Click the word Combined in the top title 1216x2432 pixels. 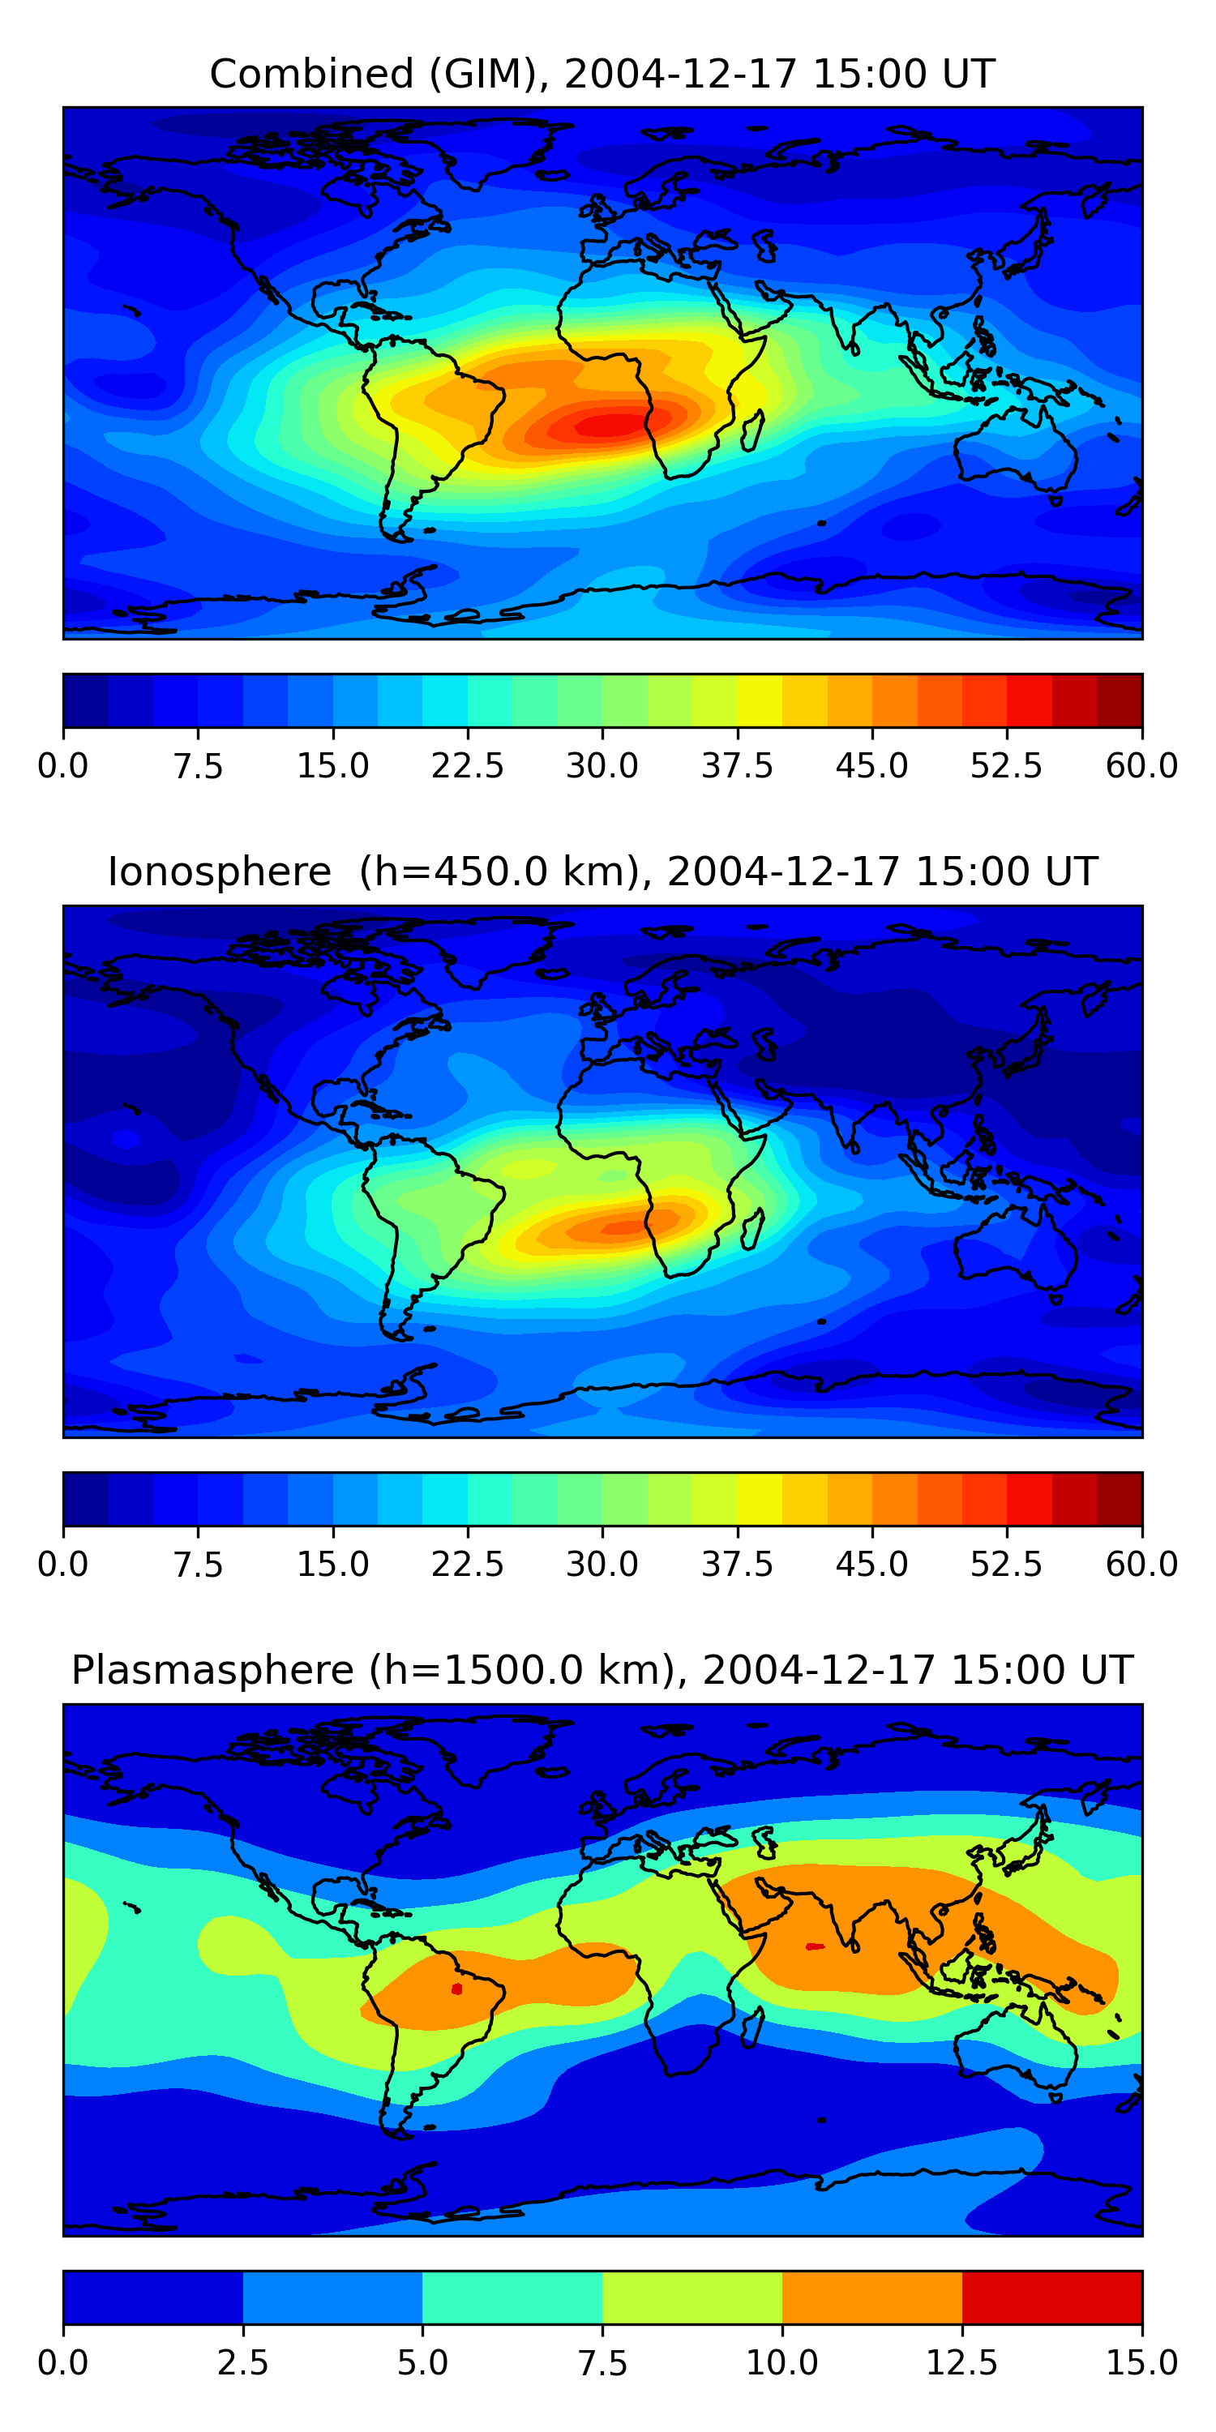click(311, 75)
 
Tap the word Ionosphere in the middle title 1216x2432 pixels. click(219, 871)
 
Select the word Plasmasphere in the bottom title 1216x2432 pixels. click(212, 1670)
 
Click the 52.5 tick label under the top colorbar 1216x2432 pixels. click(1006, 765)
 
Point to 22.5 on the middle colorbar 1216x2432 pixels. click(467, 1565)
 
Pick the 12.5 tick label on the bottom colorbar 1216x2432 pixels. click(961, 2363)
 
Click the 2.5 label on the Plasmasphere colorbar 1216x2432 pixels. click(242, 2363)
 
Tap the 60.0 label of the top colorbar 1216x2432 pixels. click(1141, 765)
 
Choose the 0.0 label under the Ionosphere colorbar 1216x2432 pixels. click(63, 1565)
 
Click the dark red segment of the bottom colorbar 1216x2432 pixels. click(1051, 2297)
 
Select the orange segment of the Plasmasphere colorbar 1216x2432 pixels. click(871, 2297)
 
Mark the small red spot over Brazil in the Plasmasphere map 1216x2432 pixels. click(457, 1989)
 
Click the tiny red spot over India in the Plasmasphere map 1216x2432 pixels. click(814, 1946)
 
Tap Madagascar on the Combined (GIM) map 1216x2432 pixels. click(752, 430)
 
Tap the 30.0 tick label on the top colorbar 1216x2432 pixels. click(602, 765)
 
